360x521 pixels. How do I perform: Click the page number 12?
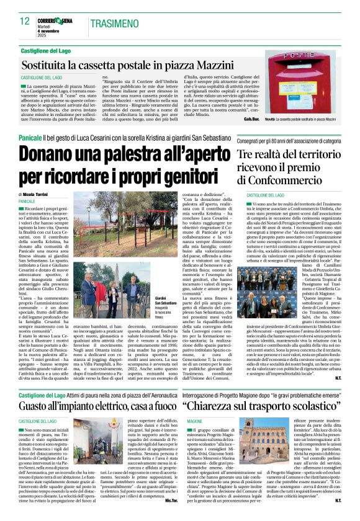click(x=24, y=20)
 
